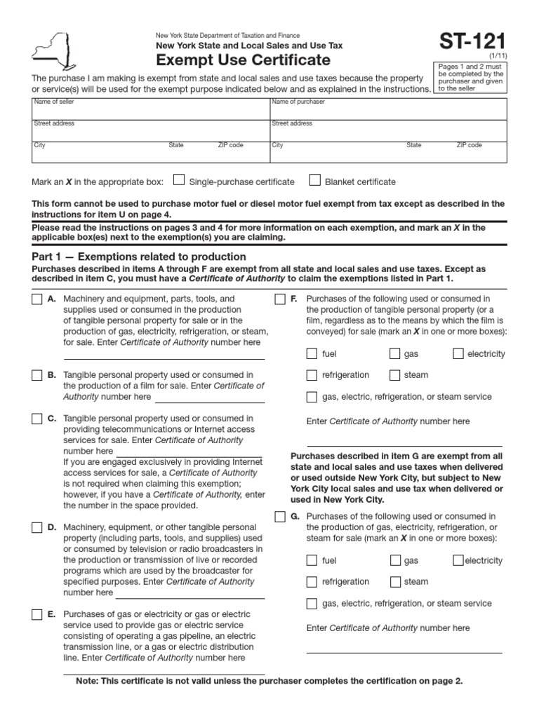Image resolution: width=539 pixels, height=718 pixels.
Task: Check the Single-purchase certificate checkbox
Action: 179,181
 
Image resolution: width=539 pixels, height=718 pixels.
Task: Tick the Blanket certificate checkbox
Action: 315,181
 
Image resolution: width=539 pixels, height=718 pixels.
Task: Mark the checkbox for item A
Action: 36,299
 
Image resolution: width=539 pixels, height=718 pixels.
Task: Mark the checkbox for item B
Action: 36,375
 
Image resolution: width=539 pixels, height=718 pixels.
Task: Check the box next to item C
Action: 36,419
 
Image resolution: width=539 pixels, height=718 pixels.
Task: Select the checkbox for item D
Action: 36,527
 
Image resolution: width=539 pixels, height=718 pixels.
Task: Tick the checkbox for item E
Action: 36,615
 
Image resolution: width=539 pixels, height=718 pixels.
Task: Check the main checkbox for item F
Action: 279,299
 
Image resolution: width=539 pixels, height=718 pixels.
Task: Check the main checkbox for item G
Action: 279,517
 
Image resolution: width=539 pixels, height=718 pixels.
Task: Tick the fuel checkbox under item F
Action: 312,354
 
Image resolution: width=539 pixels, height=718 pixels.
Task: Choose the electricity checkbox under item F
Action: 458,354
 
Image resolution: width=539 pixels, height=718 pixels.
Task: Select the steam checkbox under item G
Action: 395,581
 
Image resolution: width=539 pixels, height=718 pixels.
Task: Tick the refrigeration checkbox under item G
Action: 312,581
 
